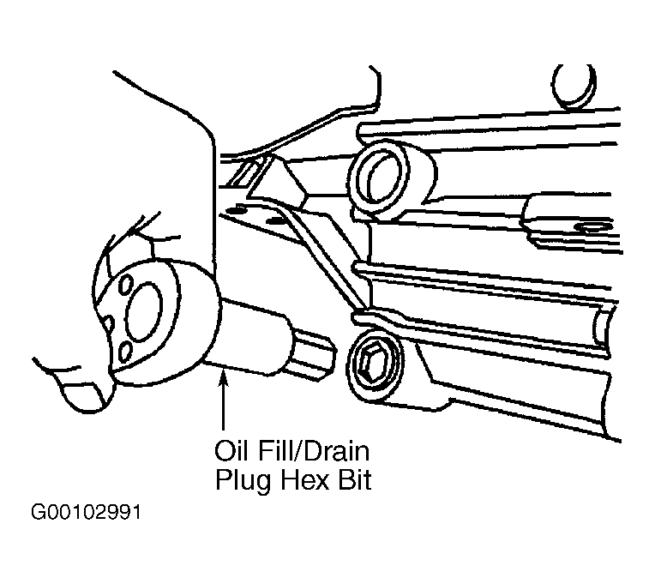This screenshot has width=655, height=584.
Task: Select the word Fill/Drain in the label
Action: (312, 451)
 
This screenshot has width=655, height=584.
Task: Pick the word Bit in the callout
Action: (355, 479)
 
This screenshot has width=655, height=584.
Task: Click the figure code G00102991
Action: (86, 513)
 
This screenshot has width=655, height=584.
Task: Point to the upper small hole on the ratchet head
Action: (125, 284)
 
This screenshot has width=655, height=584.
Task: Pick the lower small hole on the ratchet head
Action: (125, 351)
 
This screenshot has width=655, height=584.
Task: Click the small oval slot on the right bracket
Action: (593, 227)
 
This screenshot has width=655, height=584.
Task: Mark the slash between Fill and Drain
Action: (297, 451)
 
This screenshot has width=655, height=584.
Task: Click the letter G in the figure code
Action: (38, 513)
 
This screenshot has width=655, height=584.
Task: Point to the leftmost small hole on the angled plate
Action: (239, 207)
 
